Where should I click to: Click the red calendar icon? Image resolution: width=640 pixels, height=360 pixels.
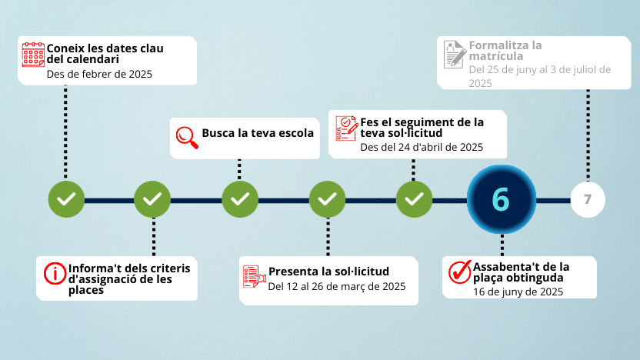point(33,55)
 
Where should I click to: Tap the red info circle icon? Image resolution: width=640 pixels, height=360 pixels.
point(55,273)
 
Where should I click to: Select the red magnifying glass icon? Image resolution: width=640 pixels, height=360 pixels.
point(187,138)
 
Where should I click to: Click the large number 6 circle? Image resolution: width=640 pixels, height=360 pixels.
point(502,199)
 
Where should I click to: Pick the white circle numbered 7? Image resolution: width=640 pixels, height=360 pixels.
point(588,199)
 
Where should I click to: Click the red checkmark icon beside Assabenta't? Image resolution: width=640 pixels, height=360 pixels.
point(460,272)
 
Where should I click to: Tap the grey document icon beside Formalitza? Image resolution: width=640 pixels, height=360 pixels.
point(455,55)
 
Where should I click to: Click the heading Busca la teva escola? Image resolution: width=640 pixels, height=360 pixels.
point(258,133)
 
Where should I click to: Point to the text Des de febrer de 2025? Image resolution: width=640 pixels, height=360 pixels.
point(99,74)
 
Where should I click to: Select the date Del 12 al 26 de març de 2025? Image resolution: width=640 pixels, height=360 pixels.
point(337,286)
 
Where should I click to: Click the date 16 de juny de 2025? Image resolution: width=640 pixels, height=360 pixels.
point(518,292)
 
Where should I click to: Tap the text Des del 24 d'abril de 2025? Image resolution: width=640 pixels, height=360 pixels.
point(422,147)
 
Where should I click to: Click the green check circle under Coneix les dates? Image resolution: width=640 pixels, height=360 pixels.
point(66,199)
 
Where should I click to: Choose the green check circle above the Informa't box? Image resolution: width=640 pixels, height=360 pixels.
point(152,199)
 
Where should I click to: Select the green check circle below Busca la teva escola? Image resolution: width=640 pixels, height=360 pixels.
point(240,199)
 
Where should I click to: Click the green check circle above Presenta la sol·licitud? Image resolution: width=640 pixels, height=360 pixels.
point(327,199)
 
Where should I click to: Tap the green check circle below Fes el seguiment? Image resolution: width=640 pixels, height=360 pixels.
point(414,199)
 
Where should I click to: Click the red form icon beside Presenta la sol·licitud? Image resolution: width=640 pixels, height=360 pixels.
point(255,277)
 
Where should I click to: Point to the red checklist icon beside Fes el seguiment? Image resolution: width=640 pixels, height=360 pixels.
point(347,128)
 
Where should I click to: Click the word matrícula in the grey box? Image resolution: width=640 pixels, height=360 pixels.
point(496,56)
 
